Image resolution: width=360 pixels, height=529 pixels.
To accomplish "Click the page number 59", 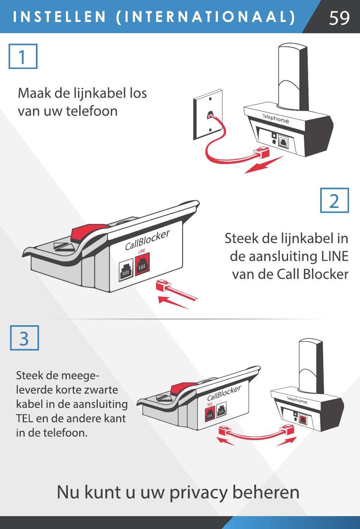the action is point(339,17).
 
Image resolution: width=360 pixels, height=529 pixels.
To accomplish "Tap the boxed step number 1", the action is point(23,56).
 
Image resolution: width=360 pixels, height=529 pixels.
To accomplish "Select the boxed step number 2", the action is point(334,201).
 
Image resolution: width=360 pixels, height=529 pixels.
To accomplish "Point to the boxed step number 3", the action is point(24,338).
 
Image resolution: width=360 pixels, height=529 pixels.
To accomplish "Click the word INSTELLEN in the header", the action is point(60,17).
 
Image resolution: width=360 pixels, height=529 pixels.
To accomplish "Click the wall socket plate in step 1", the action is point(208,114).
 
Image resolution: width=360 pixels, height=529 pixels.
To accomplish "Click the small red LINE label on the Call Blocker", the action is point(142,251).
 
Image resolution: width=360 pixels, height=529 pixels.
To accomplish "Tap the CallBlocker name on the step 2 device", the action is point(147,240).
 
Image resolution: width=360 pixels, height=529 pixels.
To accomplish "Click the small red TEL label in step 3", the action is point(210,405).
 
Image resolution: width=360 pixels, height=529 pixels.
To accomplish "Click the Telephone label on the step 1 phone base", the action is point(275,119).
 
